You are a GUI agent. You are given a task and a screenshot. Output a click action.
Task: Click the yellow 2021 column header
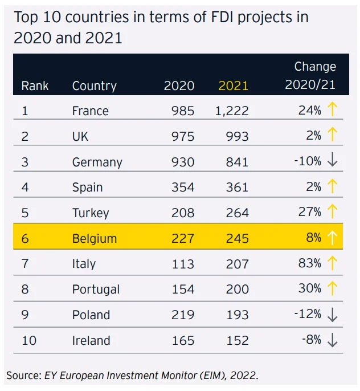coord(234,85)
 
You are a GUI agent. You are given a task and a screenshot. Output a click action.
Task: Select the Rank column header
coord(35,86)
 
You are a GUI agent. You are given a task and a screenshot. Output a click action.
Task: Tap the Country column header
coord(94,86)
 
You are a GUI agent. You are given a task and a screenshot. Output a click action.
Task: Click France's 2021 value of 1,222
coord(232,111)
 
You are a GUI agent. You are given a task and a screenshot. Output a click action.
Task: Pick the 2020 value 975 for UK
coord(183,136)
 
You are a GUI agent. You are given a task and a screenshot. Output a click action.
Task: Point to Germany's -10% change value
coord(308,161)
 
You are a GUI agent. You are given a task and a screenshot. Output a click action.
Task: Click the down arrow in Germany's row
coord(333,161)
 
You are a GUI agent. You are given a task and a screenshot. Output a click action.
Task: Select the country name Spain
coord(87,187)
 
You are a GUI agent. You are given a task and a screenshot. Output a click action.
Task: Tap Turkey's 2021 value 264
coord(236,213)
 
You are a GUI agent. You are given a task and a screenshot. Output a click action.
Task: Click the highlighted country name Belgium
coord(94,238)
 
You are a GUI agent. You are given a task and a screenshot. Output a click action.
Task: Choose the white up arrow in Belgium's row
coord(333,238)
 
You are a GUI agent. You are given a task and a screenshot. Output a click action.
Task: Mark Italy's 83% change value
coord(309,263)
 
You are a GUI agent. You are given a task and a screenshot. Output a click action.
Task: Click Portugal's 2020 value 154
coord(183,289)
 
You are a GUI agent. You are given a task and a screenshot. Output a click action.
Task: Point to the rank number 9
coord(25,315)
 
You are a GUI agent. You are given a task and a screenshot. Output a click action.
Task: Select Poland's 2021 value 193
coord(236,315)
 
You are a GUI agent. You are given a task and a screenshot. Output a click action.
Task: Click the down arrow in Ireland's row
coord(333,340)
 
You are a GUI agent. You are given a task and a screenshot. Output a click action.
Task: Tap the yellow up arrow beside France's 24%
coord(333,110)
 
